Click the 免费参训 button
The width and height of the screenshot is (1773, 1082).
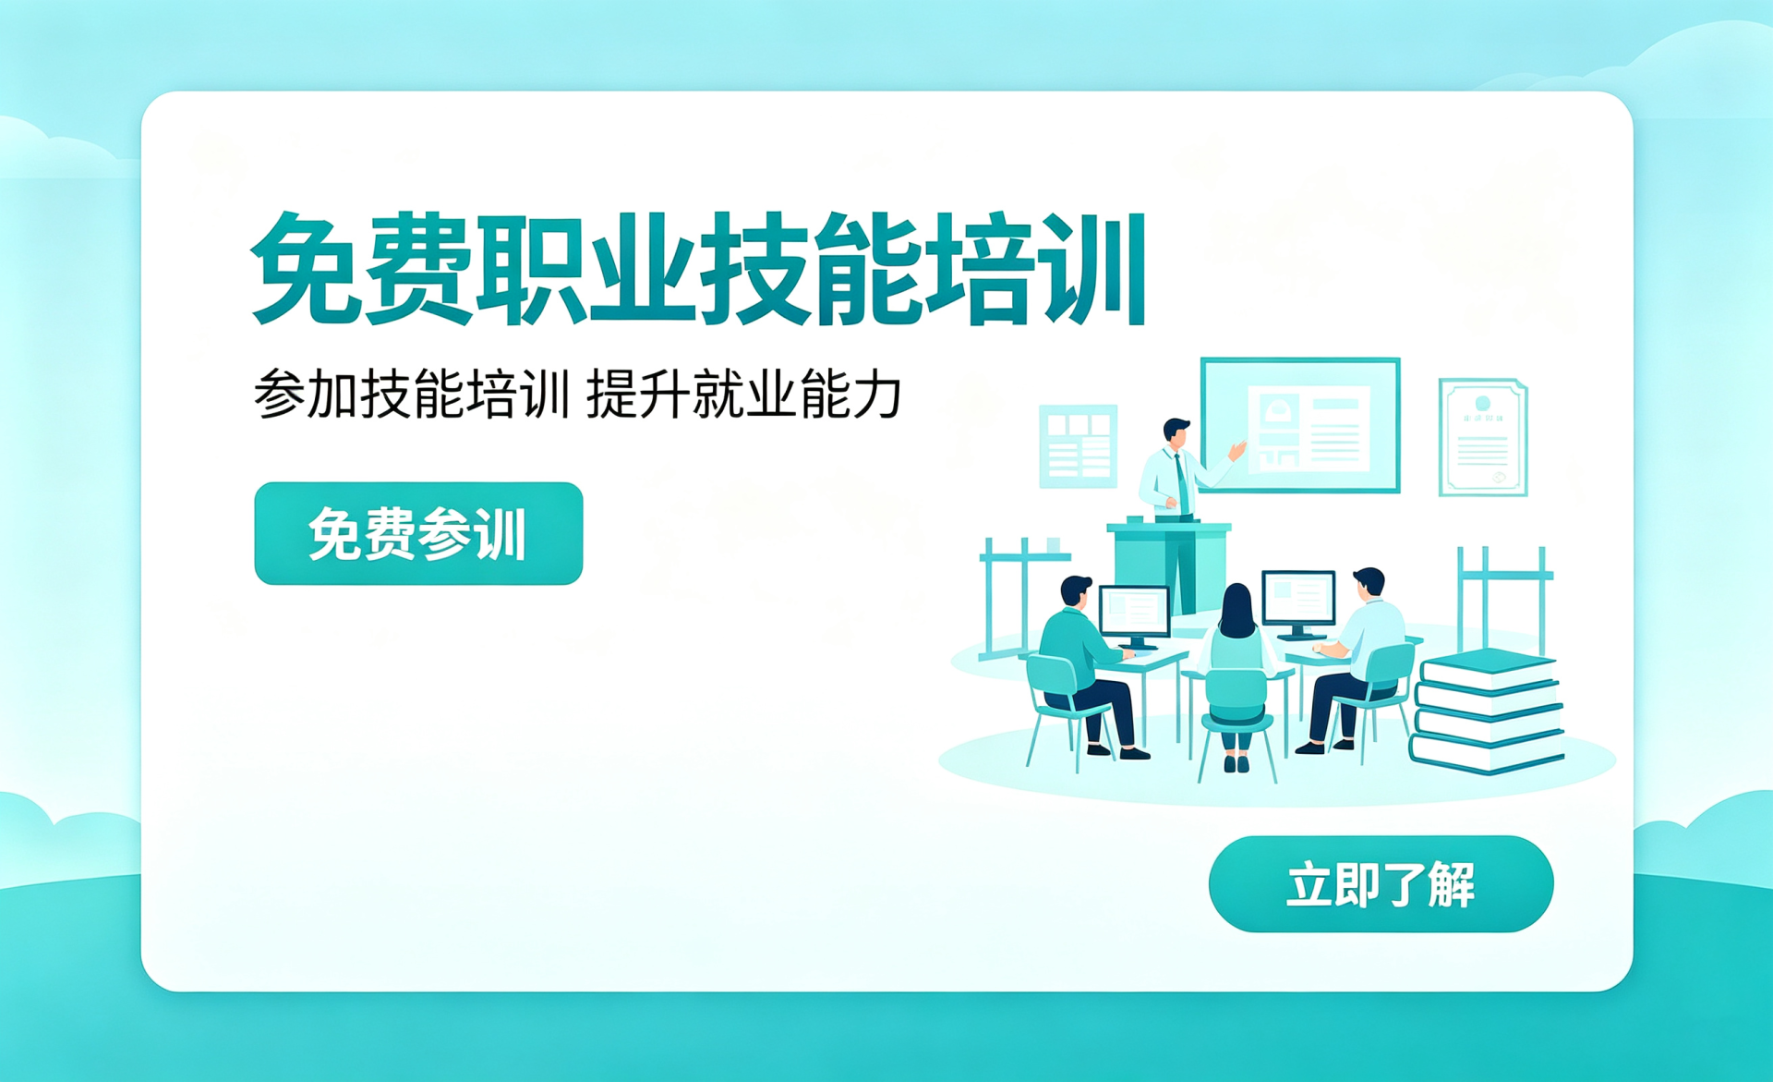(x=418, y=533)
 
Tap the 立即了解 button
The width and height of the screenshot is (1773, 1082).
(x=1381, y=884)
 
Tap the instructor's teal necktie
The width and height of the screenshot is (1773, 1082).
(x=1181, y=482)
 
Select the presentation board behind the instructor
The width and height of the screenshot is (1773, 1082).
(x=1300, y=425)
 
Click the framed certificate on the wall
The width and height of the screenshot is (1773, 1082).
(x=1483, y=436)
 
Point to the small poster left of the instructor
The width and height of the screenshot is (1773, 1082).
(x=1078, y=446)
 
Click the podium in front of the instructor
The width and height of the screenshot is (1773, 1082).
(x=1169, y=565)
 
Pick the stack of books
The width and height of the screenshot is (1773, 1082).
(x=1487, y=711)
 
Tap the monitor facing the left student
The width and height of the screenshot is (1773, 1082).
(x=1135, y=614)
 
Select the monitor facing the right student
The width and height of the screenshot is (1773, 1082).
(x=1299, y=603)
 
